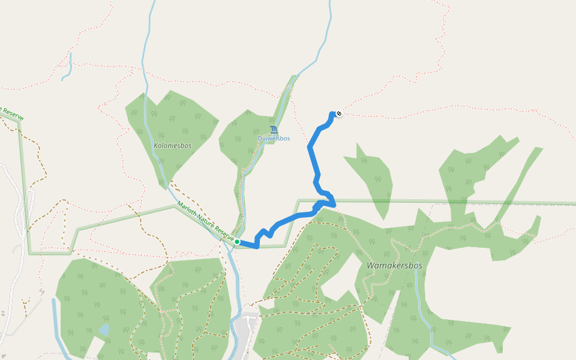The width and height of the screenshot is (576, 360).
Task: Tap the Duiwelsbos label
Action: point(274,139)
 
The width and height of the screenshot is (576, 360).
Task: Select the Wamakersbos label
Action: point(395,265)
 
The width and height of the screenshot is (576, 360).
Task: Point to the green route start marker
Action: point(237,242)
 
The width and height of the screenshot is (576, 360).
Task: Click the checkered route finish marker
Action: point(339,113)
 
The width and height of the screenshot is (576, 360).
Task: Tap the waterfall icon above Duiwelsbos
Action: point(274,130)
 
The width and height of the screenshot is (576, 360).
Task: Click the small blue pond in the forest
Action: point(104,329)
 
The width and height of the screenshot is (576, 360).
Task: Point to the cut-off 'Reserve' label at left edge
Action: point(11,113)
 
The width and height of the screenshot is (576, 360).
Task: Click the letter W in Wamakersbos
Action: point(371,265)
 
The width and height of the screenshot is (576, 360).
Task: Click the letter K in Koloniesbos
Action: point(156,145)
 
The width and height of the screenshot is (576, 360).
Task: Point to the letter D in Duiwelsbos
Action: point(260,139)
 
